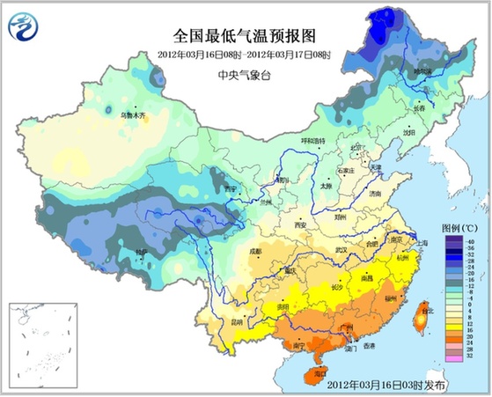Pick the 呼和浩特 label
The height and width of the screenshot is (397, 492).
[312, 140]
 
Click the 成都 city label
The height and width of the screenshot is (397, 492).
[254, 252]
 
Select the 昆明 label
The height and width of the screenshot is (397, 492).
[234, 321]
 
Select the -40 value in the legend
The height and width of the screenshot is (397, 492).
[472, 241]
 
